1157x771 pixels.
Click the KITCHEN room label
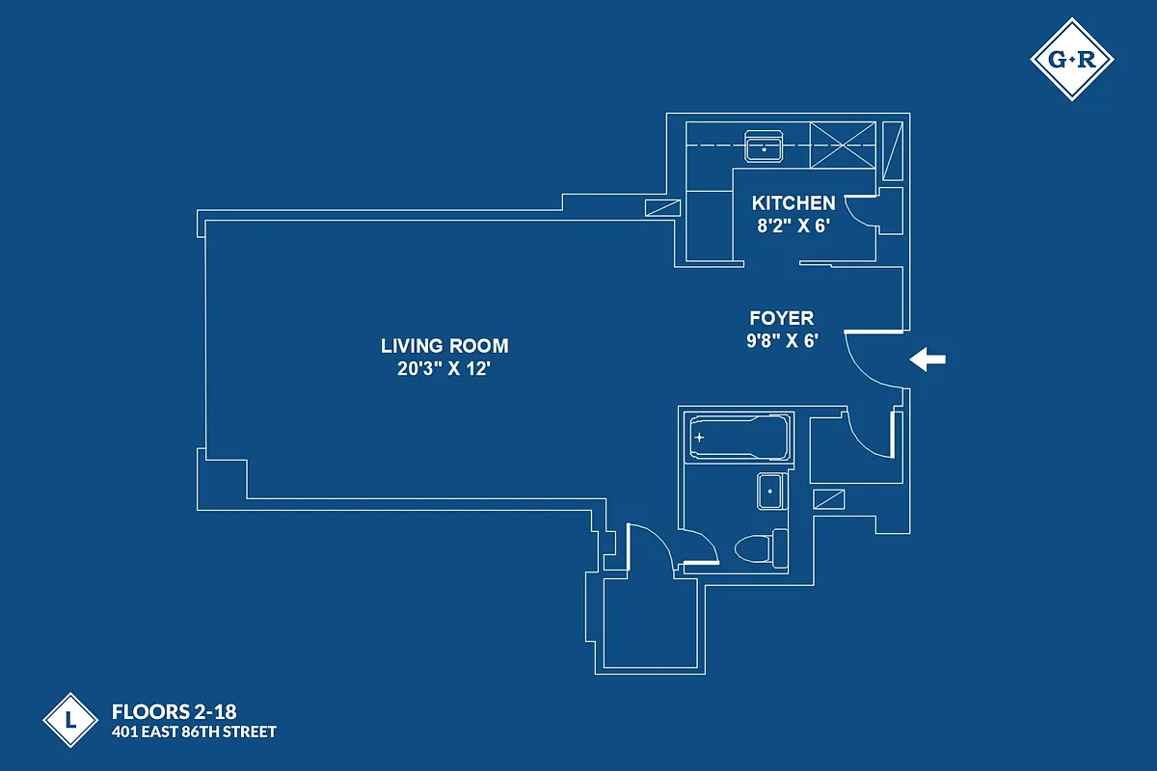point(794,203)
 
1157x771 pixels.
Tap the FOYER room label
point(782,318)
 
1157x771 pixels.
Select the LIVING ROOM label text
point(444,346)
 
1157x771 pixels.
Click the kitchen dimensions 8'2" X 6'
point(794,227)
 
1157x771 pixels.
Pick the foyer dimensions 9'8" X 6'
point(782,340)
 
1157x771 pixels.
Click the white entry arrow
point(928,360)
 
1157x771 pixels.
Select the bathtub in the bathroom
point(738,439)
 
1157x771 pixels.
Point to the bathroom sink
point(771,492)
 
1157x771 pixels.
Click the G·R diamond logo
point(1071,60)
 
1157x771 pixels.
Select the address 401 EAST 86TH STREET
point(195,732)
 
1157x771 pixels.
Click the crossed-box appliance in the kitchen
point(844,146)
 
